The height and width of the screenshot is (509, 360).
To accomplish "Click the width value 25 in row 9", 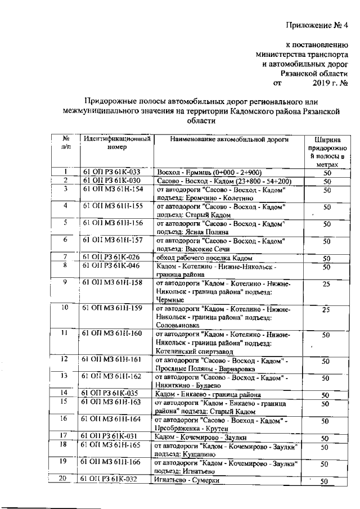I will (325, 285).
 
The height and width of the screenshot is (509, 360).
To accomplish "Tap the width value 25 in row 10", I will (325, 310).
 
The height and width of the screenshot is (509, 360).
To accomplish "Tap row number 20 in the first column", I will (65, 479).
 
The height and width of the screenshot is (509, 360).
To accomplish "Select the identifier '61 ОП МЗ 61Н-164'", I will (112, 419).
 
